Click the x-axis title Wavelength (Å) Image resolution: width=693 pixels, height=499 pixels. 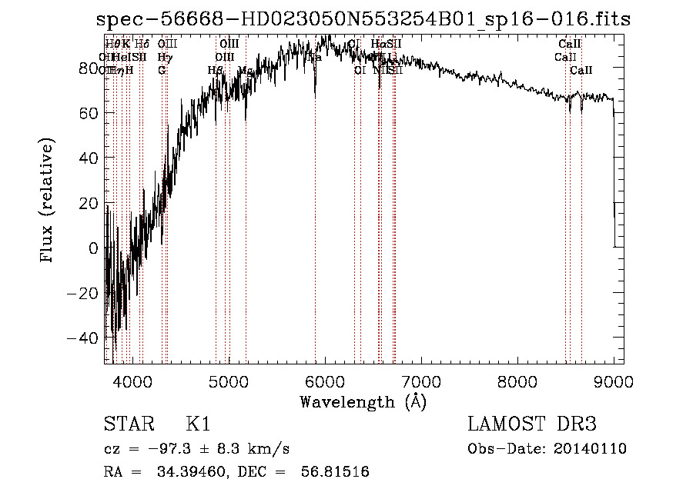pyautogui.click(x=363, y=401)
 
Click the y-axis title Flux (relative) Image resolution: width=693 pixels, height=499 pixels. pyautogui.click(x=48, y=201)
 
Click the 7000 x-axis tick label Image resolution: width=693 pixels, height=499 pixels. pyautogui.click(x=421, y=381)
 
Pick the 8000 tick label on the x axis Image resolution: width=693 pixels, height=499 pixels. pyautogui.click(x=517, y=381)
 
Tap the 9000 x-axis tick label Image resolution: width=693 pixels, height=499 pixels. pyautogui.click(x=614, y=381)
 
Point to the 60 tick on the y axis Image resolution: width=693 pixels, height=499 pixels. pyautogui.click(x=87, y=114)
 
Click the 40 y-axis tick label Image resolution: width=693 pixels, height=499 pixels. pyautogui.click(x=87, y=158)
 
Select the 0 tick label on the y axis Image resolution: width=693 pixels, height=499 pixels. pyautogui.click(x=93, y=248)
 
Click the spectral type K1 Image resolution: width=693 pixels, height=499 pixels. pyautogui.click(x=198, y=424)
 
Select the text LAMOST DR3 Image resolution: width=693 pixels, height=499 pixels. pyautogui.click(x=532, y=424)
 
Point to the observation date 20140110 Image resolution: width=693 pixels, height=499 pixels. pyautogui.click(x=593, y=449)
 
